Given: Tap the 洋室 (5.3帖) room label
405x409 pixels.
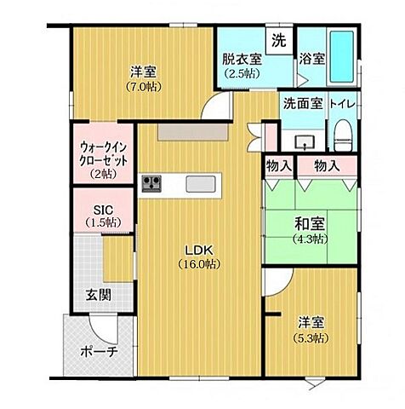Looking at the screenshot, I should click(311, 330).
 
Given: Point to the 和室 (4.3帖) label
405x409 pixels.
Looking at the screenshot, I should click(311, 230).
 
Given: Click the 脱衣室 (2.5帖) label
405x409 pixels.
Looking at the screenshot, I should click(242, 66).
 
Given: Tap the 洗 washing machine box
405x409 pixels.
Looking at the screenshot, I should click(278, 39).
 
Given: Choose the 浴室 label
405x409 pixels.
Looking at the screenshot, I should click(311, 60).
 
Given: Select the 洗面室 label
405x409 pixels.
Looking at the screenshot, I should click(302, 104).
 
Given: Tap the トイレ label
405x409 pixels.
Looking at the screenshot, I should click(345, 104).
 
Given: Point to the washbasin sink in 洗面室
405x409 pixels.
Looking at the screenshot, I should click(305, 141).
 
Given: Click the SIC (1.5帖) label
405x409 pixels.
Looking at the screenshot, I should click(102, 215).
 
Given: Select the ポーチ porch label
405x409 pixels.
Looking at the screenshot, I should click(98, 352).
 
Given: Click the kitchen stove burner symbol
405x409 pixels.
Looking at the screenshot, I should click(153, 182).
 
